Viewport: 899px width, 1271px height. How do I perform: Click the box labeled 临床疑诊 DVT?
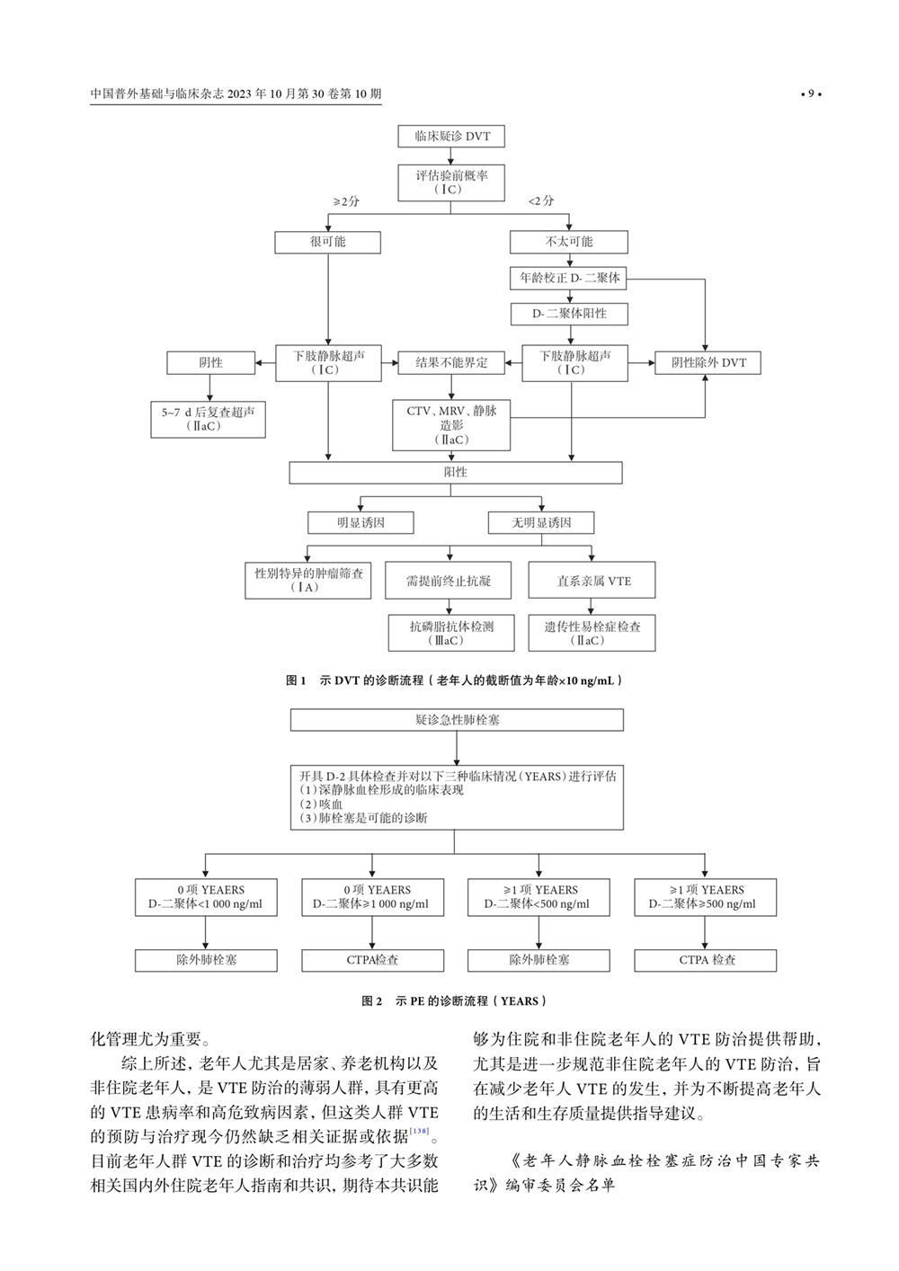pyautogui.click(x=451, y=136)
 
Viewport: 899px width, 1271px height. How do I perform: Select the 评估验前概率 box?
pyautogui.click(x=451, y=182)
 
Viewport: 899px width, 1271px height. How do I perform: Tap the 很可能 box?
pyautogui.click(x=327, y=242)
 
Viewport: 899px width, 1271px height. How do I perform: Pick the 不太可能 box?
pyautogui.click(x=568, y=242)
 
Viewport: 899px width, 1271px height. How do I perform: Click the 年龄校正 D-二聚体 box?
pyautogui.click(x=568, y=278)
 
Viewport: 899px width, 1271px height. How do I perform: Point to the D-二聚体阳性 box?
pyautogui.click(x=568, y=314)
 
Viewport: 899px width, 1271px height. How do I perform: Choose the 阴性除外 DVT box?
pyautogui.click(x=708, y=362)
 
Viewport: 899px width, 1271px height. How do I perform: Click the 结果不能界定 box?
pyautogui.click(x=451, y=362)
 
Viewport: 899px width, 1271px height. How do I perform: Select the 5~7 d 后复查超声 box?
pyautogui.click(x=208, y=419)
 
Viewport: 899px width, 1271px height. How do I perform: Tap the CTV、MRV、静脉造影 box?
pyautogui.click(x=451, y=425)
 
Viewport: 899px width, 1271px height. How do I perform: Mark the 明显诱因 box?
pyautogui.click(x=360, y=522)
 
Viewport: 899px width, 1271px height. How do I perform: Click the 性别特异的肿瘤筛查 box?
pyautogui.click(x=308, y=580)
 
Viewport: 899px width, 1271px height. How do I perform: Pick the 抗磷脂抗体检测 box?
pyautogui.click(x=451, y=633)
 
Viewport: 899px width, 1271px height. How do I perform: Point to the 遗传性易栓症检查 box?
pyautogui.click(x=592, y=633)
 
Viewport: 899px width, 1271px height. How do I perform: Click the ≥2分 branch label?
pyautogui.click(x=345, y=201)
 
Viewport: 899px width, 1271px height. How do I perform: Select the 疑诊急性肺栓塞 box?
pyautogui.click(x=457, y=720)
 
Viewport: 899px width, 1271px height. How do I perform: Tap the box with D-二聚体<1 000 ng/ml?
pyautogui.click(x=206, y=897)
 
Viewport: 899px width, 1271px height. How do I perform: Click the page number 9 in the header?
pyautogui.click(x=811, y=93)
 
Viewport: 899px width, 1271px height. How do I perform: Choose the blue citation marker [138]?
pyautogui.click(x=419, y=1131)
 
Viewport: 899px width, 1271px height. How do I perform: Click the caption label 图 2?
pyautogui.click(x=371, y=1000)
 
